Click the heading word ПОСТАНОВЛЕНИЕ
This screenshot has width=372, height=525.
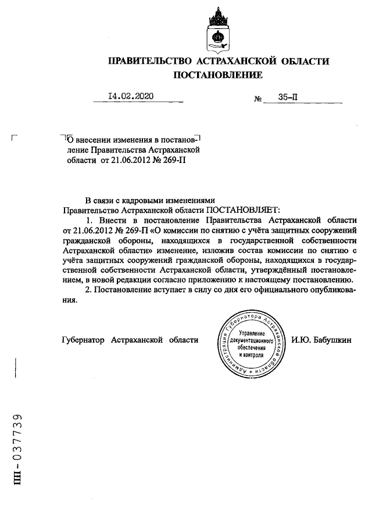tap(219, 75)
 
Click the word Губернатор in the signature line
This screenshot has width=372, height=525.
tap(83, 339)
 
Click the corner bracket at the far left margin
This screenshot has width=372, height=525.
tap(15, 138)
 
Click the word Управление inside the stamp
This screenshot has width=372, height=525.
tap(251, 334)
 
